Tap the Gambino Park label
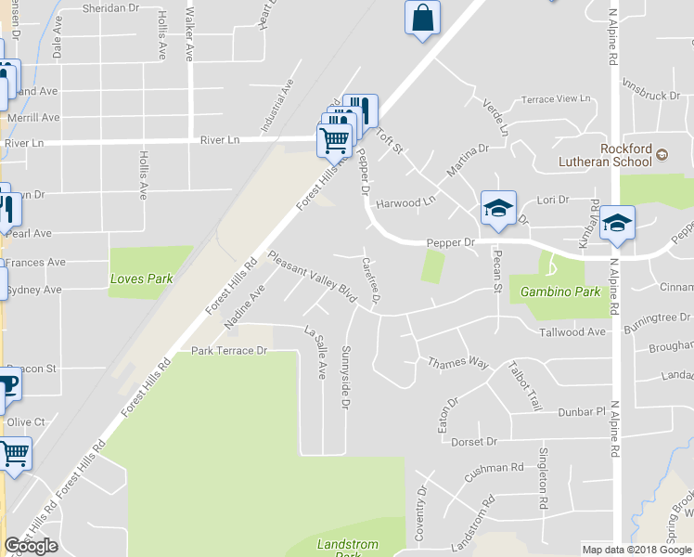click(x=559, y=291)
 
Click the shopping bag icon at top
click(x=422, y=19)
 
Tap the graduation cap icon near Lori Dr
click(x=497, y=209)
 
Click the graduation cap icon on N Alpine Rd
click(x=618, y=223)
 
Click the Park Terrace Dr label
click(x=228, y=351)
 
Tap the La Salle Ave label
click(x=316, y=353)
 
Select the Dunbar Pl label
click(x=581, y=410)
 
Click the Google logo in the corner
click(x=31, y=546)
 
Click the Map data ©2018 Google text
click(x=637, y=550)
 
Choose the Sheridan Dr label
click(x=109, y=6)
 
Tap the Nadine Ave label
click(x=244, y=307)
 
